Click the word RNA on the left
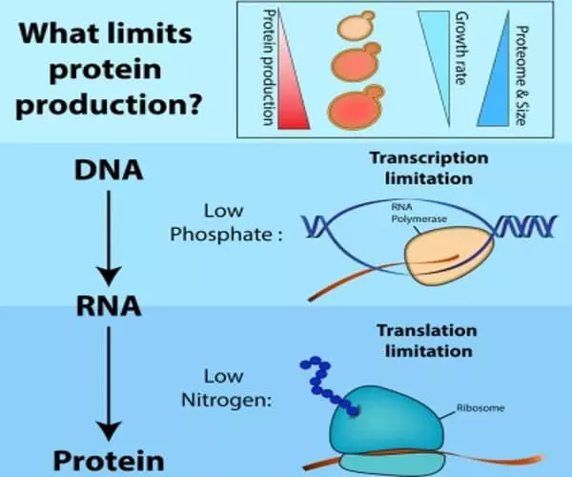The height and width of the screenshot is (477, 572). (110, 306)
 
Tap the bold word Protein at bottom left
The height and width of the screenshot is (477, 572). (111, 435)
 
